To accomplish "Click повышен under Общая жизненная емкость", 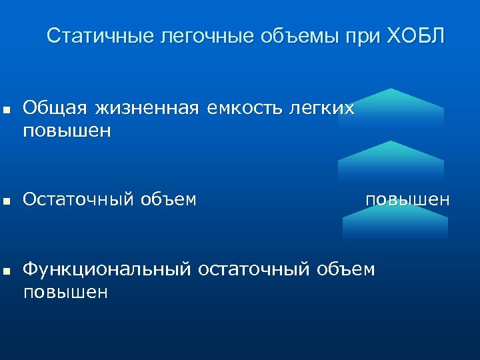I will pyautogui.click(x=66, y=131).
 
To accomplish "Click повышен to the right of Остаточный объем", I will pyautogui.click(x=407, y=199).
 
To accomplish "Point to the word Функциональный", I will pyautogui.click(x=107, y=269).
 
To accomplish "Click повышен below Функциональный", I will pyautogui.click(x=66, y=293).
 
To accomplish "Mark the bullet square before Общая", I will pyautogui.click(x=6, y=109).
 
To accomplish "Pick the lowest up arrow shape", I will pyautogui.click(x=395, y=223).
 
